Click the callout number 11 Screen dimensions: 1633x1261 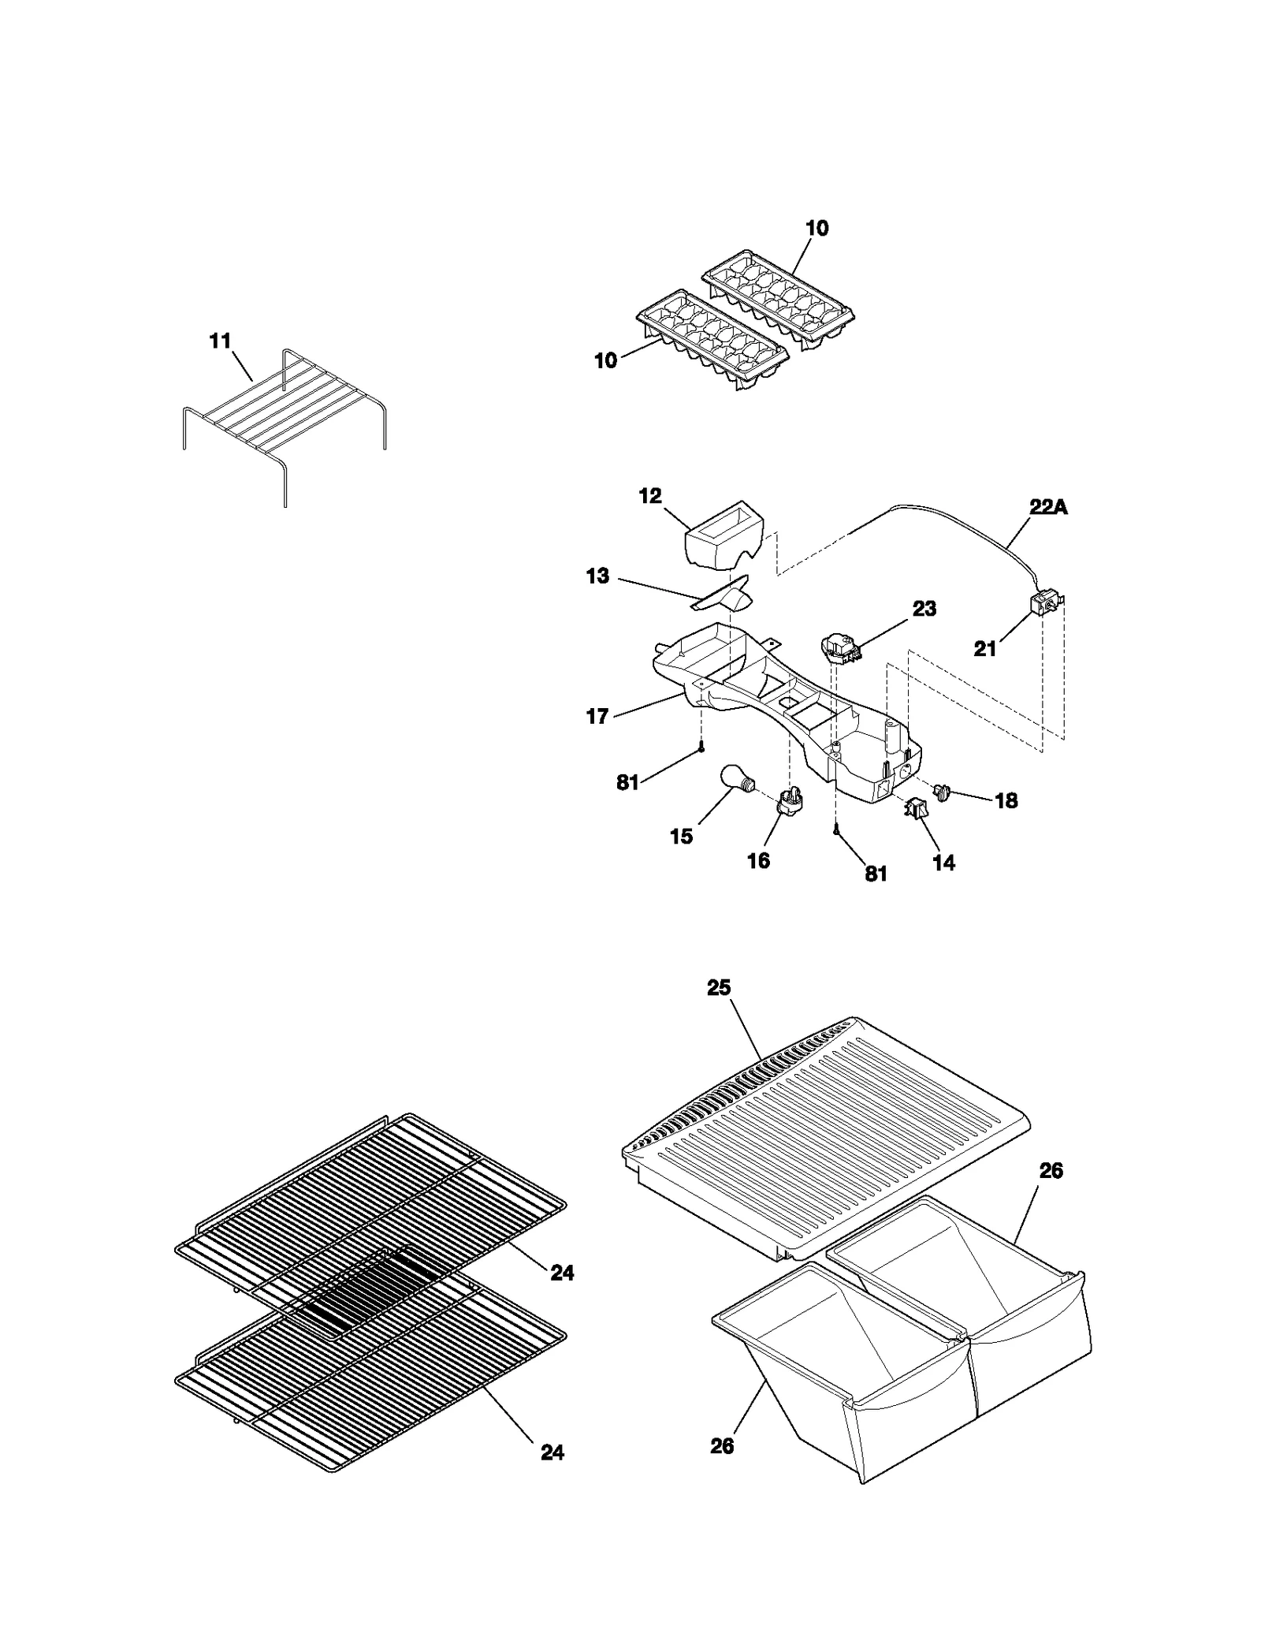pos(220,341)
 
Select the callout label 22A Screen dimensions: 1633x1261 pos(1048,508)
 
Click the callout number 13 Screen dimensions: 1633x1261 pos(598,576)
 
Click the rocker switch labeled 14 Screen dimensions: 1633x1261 pos(916,807)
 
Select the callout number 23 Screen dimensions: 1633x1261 pos(924,609)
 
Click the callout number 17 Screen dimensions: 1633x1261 pos(598,716)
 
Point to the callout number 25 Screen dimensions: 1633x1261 pos(719,988)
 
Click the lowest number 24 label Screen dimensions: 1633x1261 pos(552,1452)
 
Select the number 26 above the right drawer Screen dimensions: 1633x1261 pos(1051,1171)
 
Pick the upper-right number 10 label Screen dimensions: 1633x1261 pos(817,229)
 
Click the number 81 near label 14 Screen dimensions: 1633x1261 pos(876,874)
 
